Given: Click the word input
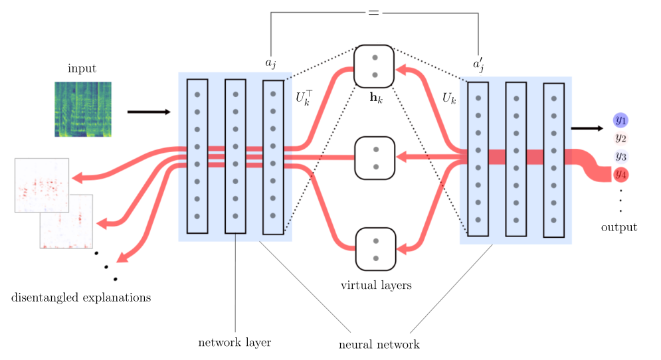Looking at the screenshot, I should tap(82, 68).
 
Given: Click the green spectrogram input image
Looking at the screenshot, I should tap(83, 109).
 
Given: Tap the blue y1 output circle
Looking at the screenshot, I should tap(620, 120).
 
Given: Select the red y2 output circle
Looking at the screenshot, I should tap(620, 138).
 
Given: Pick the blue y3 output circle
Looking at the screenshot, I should tap(620, 157).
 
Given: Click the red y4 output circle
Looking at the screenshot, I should tap(620, 175).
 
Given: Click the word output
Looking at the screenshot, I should tap(618, 228).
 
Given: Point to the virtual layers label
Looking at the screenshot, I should tap(376, 286).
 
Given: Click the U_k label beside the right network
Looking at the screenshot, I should tap(449, 98).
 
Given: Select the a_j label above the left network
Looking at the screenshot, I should tap(271, 64).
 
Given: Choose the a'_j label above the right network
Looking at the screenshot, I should tap(478, 66).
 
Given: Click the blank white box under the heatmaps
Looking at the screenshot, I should tap(60, 281).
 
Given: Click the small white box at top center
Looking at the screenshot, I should tap(375, 34).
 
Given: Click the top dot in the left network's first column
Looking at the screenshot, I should tap(197, 95).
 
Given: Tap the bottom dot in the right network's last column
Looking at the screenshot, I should tap(553, 220).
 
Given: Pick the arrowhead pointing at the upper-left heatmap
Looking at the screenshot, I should tap(76, 177).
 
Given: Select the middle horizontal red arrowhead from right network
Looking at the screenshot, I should tap(401, 157).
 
